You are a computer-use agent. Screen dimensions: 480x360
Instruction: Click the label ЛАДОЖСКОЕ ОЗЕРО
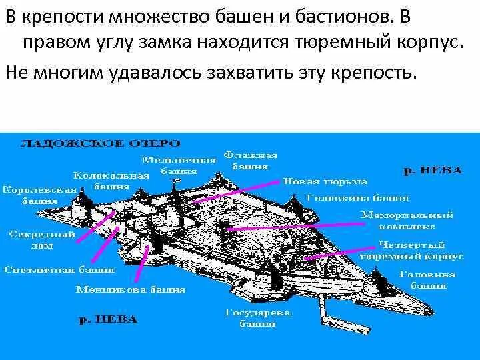pyautogui.click(x=100, y=143)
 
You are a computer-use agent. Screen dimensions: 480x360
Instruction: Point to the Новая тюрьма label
pyautogui.click(x=325, y=181)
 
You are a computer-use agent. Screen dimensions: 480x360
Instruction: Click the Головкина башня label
pyautogui.click(x=357, y=197)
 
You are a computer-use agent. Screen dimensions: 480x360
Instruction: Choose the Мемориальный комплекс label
pyautogui.click(x=407, y=221)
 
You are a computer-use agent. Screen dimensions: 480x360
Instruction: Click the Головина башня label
pyautogui.click(x=427, y=279)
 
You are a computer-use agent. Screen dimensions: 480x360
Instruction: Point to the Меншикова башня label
pyautogui.click(x=131, y=290)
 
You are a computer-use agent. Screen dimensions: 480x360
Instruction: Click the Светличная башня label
pyautogui.click(x=59, y=270)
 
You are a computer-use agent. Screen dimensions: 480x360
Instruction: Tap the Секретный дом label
pyautogui.click(x=31, y=240)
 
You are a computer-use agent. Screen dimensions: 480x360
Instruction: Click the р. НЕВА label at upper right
pyautogui.click(x=433, y=170)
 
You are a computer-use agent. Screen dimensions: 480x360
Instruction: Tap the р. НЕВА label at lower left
pyautogui.click(x=108, y=319)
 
